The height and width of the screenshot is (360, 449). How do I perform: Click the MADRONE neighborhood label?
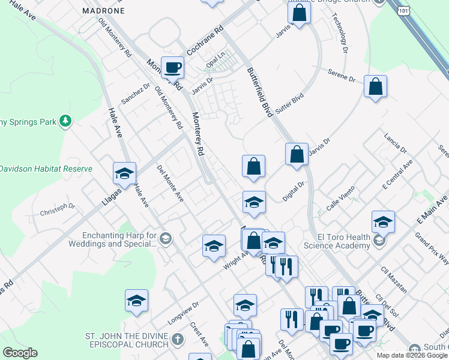[103, 11]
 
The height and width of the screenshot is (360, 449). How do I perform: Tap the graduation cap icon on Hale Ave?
[124, 173]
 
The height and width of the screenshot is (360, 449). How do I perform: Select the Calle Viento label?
[341, 197]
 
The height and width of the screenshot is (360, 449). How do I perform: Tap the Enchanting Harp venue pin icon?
[166, 240]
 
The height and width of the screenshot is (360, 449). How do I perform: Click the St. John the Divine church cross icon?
[177, 340]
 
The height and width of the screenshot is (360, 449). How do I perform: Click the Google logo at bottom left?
[20, 352]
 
